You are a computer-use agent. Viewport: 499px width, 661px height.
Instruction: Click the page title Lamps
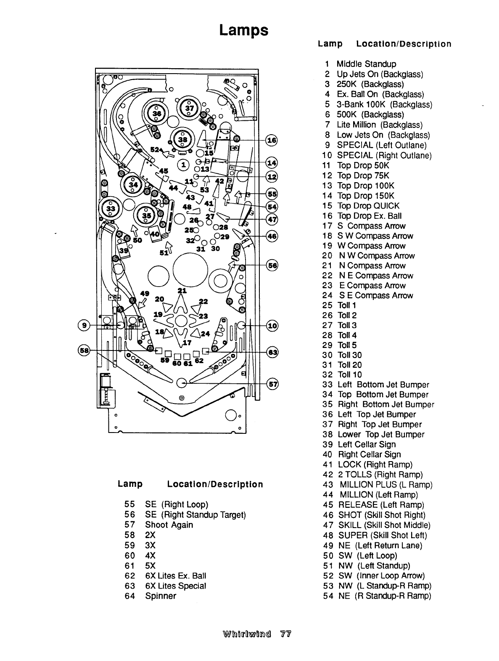(243, 30)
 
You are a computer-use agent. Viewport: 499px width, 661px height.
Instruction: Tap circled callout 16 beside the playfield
(272, 140)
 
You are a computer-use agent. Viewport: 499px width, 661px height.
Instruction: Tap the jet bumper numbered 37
(190, 108)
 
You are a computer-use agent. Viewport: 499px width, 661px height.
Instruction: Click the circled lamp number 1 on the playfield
(183, 164)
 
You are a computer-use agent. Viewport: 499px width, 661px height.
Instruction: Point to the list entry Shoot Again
(169, 525)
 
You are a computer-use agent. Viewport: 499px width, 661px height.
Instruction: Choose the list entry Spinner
(161, 596)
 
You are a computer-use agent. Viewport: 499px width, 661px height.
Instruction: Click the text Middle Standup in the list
(366, 64)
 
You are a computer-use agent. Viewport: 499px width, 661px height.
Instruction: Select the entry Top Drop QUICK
(369, 206)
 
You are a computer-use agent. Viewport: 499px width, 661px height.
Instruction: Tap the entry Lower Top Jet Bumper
(381, 434)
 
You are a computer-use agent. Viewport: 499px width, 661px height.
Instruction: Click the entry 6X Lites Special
(175, 586)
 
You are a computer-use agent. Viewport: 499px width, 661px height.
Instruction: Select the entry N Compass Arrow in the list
(372, 265)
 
